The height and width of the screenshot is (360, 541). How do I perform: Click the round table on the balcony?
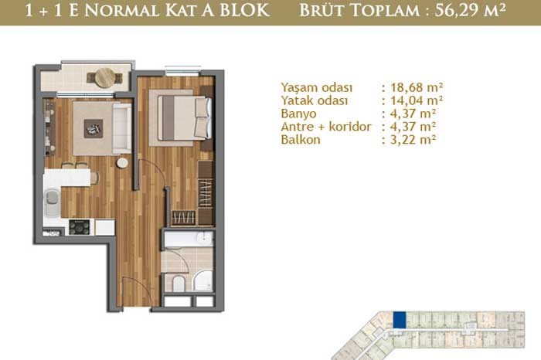coord(105,77)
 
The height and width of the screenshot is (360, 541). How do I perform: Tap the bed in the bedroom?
coord(185,118)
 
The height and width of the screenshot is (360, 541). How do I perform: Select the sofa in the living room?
coord(122,128)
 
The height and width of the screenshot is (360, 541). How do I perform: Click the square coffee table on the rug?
coord(94,128)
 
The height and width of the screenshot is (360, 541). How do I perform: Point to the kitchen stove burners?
coord(80,227)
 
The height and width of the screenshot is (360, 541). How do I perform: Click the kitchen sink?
coord(52,202)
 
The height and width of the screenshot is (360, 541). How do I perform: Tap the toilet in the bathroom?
coord(179,284)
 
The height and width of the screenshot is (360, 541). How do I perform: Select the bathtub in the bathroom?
coord(189,239)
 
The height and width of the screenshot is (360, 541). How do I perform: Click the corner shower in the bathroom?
coord(204,281)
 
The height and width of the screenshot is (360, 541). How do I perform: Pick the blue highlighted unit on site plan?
coord(400,320)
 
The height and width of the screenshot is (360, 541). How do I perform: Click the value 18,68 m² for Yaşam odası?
coord(417,87)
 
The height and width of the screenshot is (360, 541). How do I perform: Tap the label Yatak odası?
coord(315,100)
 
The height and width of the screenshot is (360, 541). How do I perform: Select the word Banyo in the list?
coord(298,114)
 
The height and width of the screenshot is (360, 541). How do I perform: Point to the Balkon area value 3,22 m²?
coord(413,140)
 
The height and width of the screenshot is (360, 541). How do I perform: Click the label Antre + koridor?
coord(326,127)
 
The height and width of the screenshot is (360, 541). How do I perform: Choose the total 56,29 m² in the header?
coord(470,11)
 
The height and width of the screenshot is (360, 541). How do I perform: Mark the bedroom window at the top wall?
coord(182,70)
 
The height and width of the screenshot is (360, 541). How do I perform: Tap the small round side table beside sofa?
coord(122,163)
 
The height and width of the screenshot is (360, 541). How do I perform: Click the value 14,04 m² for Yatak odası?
coord(417,100)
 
